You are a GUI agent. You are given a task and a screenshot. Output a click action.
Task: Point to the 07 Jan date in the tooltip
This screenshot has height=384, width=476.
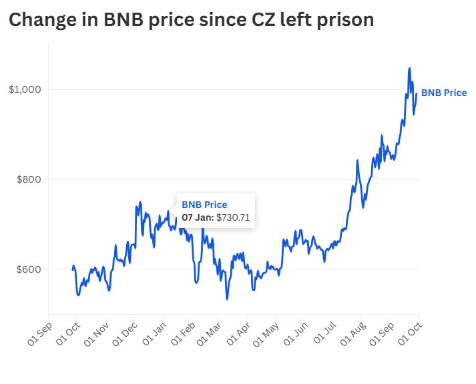pyautogui.click(x=198, y=217)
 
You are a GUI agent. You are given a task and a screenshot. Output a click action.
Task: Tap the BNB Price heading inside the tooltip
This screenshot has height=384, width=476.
pyautogui.click(x=204, y=205)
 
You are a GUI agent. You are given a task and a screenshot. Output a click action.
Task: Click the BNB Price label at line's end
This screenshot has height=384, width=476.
pyautogui.click(x=444, y=93)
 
